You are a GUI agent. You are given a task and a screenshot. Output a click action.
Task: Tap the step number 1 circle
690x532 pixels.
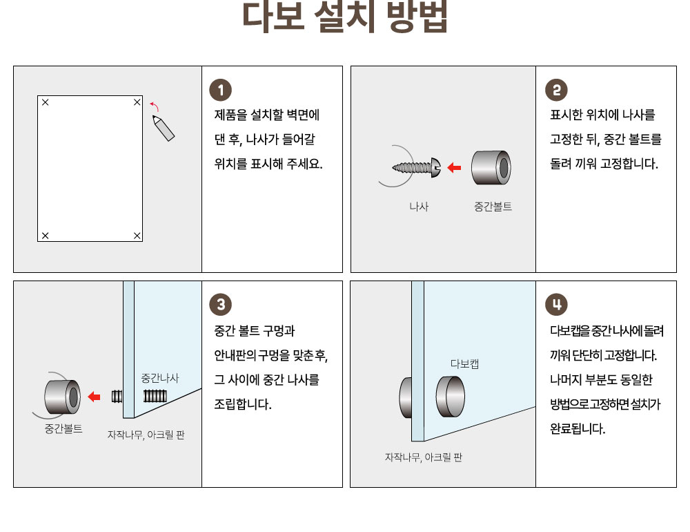pos(221,90)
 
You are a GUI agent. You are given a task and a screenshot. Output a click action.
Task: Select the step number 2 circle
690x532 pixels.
pos(556,90)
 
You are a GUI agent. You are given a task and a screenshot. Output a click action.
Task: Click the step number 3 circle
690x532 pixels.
pos(221,304)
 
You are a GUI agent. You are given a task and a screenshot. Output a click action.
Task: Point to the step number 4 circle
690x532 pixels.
pos(556,304)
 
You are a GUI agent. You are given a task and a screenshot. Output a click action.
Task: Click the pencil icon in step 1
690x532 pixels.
pos(164,128)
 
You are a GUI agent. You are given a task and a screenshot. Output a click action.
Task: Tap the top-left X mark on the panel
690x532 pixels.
pos(45,102)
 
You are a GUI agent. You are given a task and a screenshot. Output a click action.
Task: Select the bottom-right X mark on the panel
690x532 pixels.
pos(137,236)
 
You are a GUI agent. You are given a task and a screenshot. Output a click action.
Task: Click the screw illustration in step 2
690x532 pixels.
pos(416,167)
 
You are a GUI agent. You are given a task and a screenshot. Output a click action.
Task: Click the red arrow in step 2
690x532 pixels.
pos(454,167)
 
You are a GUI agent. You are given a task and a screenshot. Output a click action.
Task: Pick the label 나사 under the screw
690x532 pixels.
pos(419,207)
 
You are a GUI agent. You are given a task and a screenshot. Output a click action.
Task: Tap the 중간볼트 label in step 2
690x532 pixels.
pos(493,207)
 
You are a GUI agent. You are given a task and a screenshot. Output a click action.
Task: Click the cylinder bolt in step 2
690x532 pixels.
pos(491,167)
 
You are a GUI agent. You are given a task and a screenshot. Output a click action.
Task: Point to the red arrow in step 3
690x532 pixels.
pos(94,397)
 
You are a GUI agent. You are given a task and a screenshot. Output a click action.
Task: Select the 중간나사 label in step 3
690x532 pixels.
pos(160,378)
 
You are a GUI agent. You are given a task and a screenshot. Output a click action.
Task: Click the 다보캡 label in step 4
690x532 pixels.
pos(464,363)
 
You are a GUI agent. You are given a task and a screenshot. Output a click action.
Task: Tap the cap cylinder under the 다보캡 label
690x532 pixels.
pos(451,397)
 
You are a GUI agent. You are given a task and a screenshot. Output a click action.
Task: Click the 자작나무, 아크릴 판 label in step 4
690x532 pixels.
pos(424,457)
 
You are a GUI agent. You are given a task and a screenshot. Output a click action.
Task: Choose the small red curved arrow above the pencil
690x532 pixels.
pos(155,106)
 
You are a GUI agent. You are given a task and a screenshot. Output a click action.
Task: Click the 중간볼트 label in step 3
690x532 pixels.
pos(63,428)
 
